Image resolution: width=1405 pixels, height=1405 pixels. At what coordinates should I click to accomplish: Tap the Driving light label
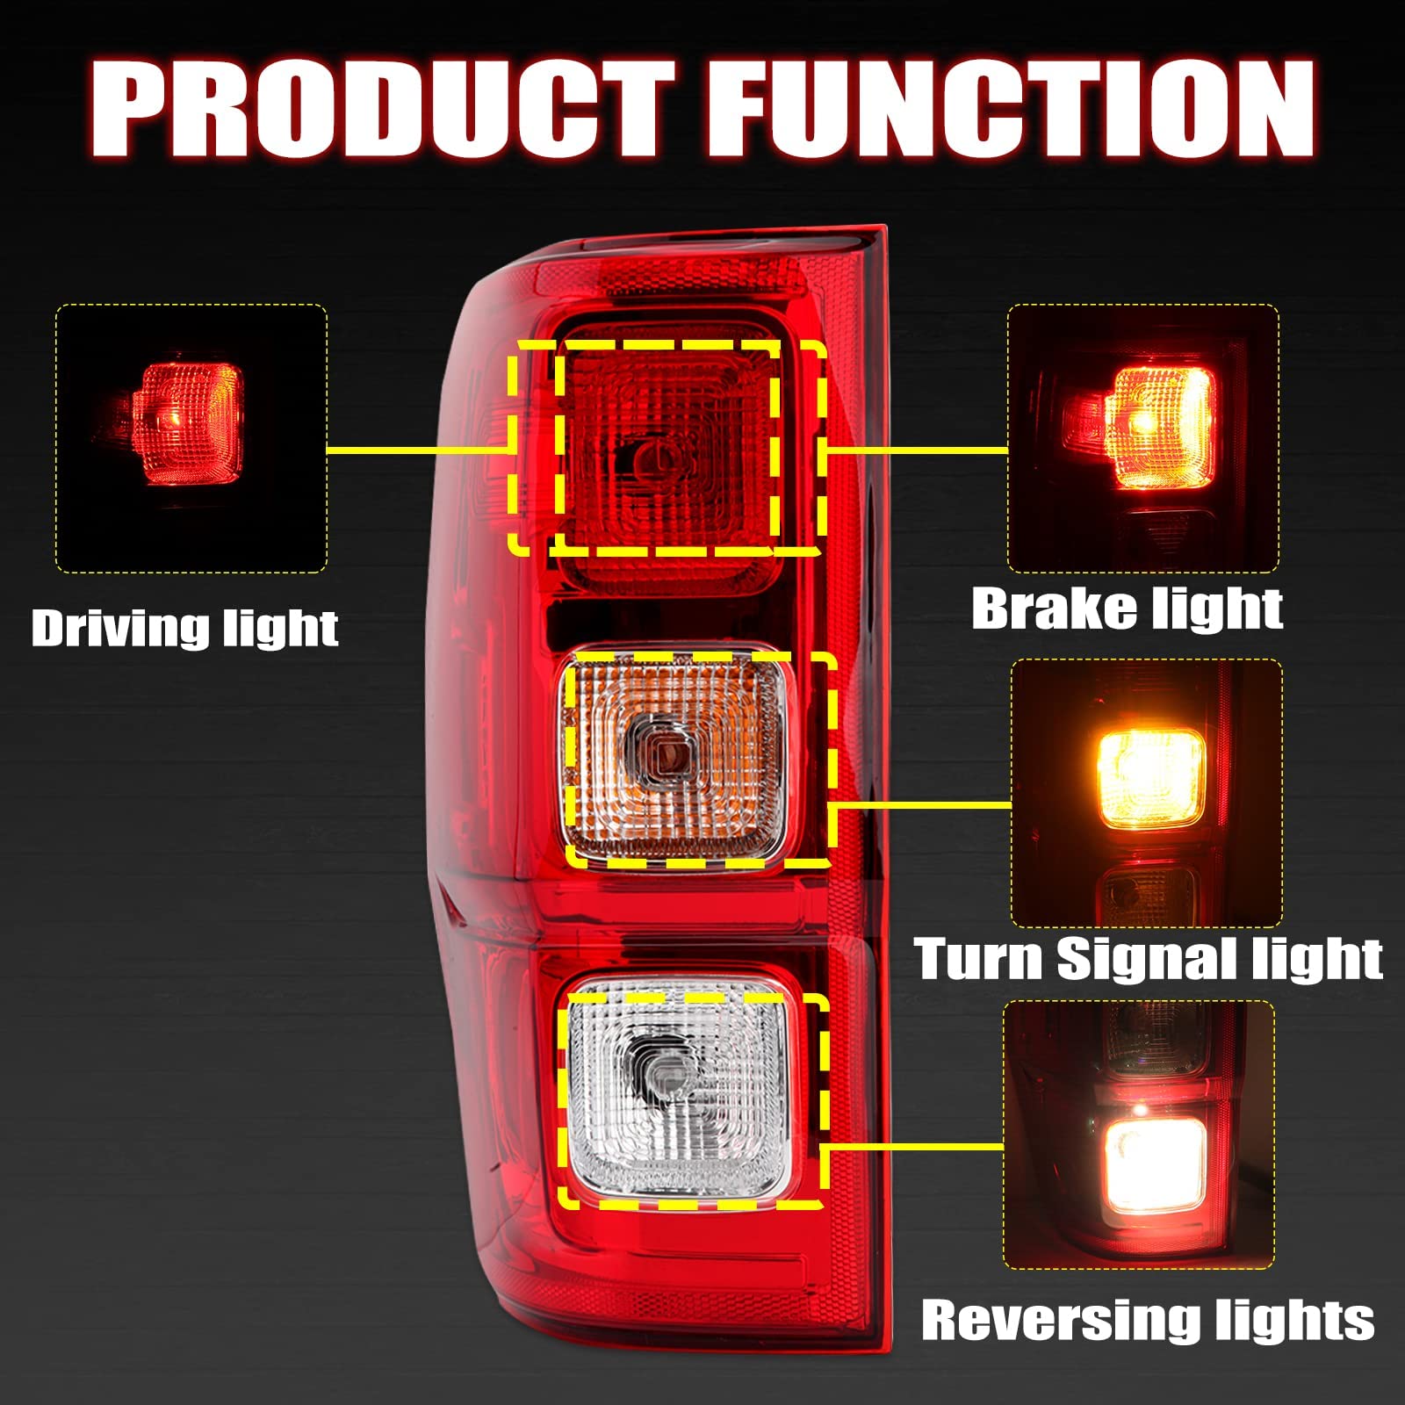[x=184, y=629]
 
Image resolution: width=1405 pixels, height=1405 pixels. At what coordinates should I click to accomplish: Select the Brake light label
[x=1127, y=609]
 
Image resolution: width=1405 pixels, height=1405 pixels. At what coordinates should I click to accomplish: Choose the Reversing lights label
[x=1148, y=1320]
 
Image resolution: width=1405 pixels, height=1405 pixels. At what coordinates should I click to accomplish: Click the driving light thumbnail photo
[x=191, y=439]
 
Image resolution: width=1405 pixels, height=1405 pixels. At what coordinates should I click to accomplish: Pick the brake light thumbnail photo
[x=1142, y=439]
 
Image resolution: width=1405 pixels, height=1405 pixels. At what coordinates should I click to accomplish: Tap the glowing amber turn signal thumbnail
[x=1146, y=793]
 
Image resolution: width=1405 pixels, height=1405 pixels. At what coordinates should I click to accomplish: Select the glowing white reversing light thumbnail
[x=1139, y=1135]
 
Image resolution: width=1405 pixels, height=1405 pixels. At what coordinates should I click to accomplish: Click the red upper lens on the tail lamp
[x=667, y=448]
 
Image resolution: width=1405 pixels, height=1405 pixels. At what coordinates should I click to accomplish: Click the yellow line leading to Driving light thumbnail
[x=417, y=450]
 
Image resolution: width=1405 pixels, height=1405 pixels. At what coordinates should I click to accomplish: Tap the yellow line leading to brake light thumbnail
[x=918, y=450]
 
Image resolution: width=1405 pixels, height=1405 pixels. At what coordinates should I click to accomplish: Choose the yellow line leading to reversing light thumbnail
[x=913, y=1147]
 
